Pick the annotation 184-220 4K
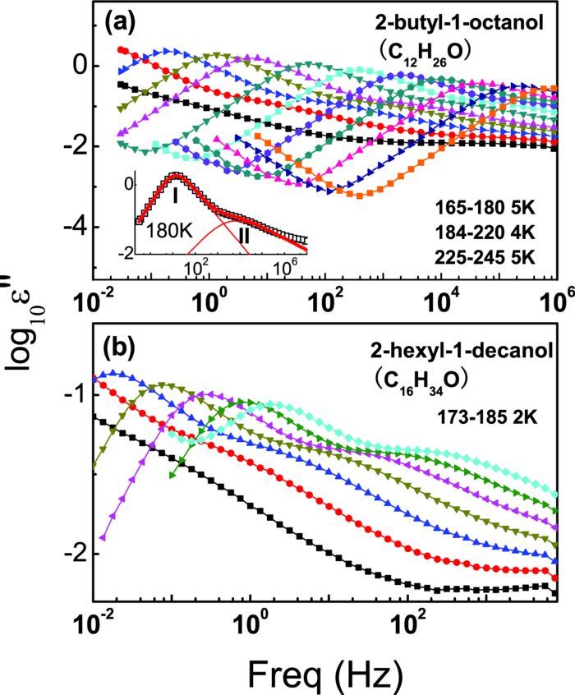tap(485, 229)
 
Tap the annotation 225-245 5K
tap(485, 255)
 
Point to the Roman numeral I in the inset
tap(175, 196)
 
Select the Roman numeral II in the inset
tap(244, 236)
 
